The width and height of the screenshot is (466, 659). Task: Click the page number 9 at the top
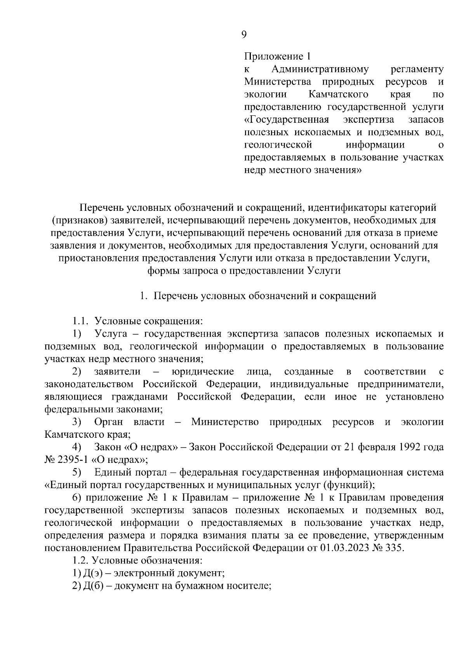(243, 35)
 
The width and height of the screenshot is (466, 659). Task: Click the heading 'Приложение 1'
(277, 57)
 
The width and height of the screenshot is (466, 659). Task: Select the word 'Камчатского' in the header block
(338, 94)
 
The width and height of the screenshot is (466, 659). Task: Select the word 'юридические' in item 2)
(203, 372)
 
